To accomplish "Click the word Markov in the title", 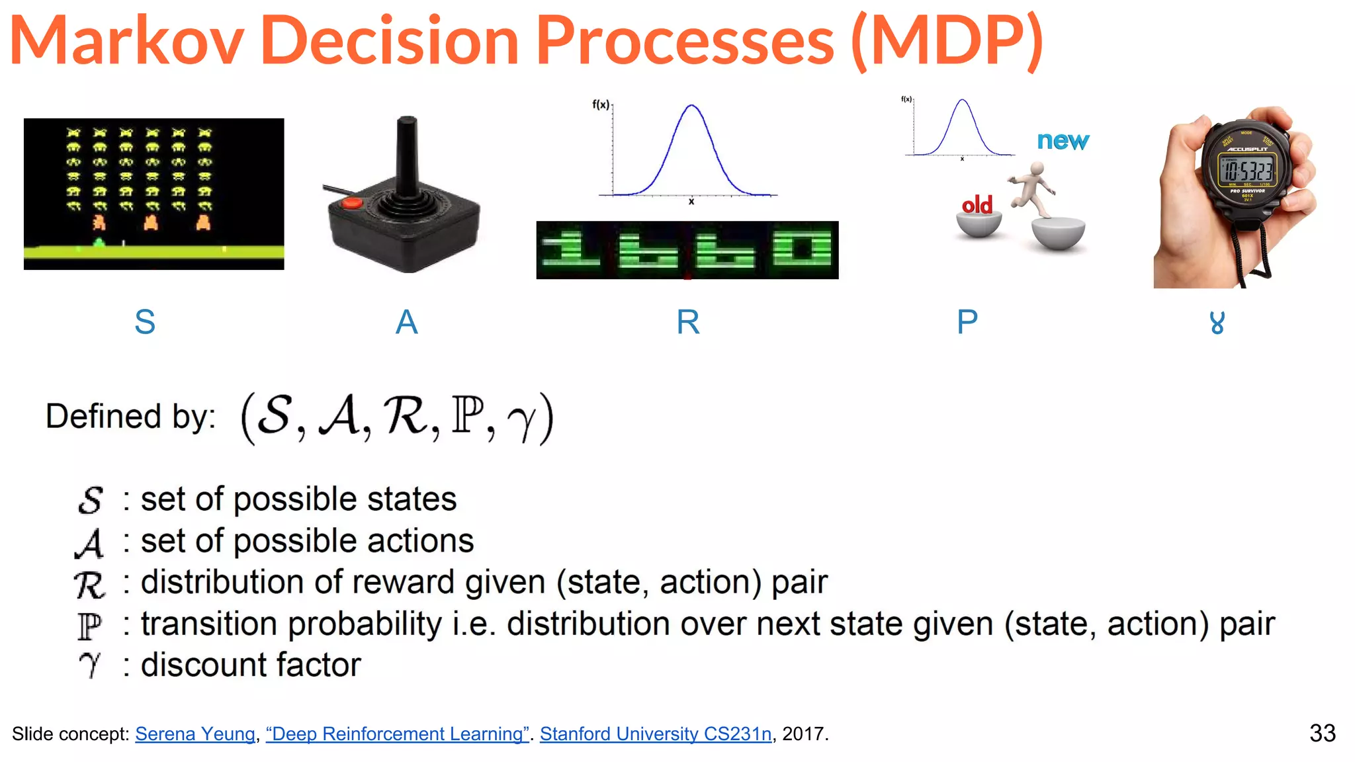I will point(126,41).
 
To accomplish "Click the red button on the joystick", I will point(351,202).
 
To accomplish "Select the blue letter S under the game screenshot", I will point(145,323).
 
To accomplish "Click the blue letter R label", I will point(687,323).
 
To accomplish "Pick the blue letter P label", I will point(967,323).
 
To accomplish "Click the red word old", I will point(977,205).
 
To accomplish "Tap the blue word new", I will point(1063,141).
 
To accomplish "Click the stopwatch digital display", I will point(1247,171).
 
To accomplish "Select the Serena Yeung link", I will point(195,734).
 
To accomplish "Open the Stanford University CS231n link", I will point(655,734).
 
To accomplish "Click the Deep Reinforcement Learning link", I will point(397,734).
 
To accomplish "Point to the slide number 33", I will point(1322,733).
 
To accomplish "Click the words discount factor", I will point(251,665).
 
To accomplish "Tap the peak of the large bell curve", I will point(691,106).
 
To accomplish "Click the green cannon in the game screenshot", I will point(99,243).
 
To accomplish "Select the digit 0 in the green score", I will point(801,250).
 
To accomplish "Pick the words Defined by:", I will point(130,417).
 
